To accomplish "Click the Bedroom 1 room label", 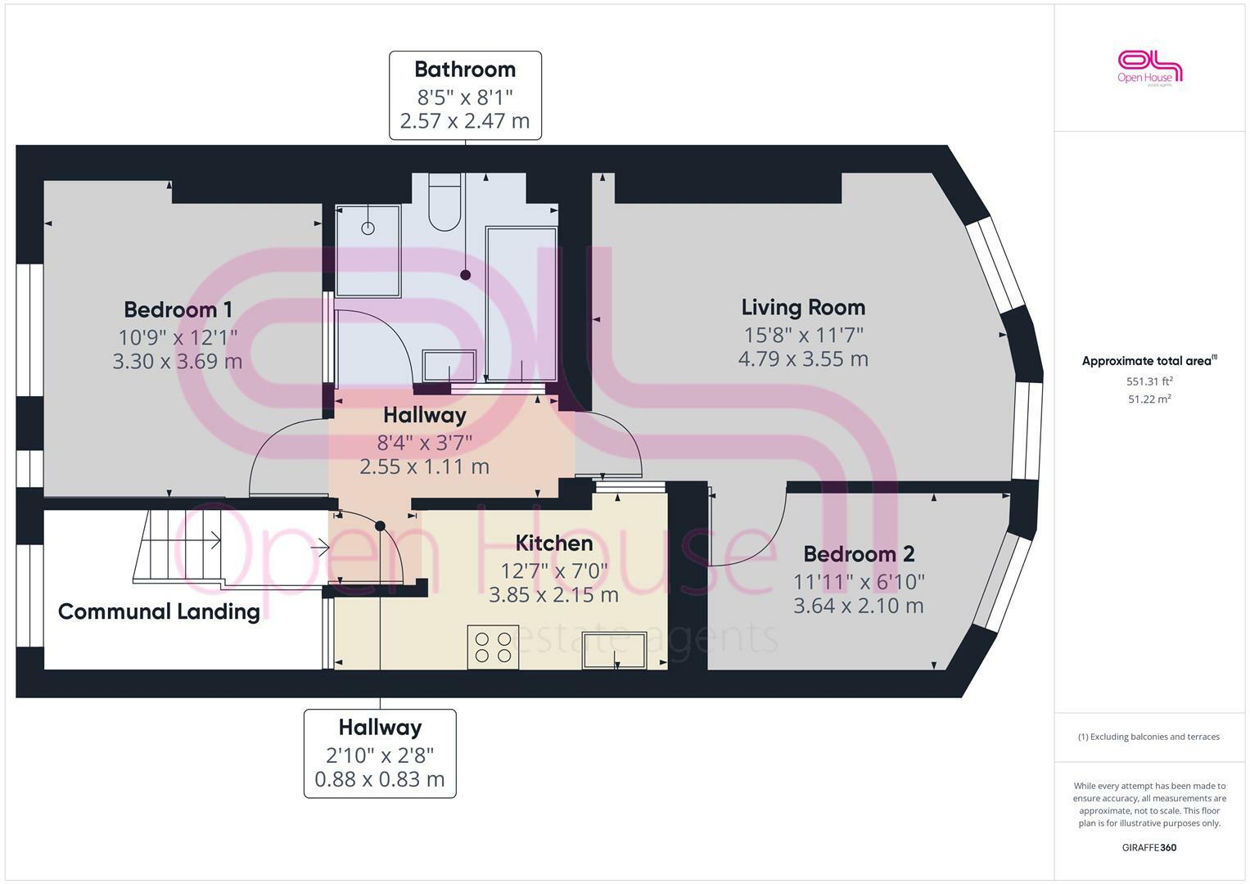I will pyautogui.click(x=178, y=309).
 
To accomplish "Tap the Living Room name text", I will pyautogui.click(x=803, y=307).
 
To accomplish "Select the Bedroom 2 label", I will pyautogui.click(x=859, y=554).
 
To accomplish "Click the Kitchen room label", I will pyautogui.click(x=553, y=543).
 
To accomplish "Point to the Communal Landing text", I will pyautogui.click(x=159, y=611).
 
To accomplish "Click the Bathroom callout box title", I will pyautogui.click(x=464, y=70).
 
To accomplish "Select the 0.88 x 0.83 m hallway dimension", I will pyautogui.click(x=379, y=779).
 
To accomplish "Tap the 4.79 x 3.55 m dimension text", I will pyautogui.click(x=803, y=359).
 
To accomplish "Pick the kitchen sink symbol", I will pyautogui.click(x=614, y=651).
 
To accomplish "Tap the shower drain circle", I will pyautogui.click(x=368, y=228).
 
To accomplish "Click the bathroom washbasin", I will pyautogui.click(x=449, y=366).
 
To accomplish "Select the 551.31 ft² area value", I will pyautogui.click(x=1149, y=381).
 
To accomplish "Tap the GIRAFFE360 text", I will pyautogui.click(x=1148, y=848).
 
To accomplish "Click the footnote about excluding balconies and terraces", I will pyautogui.click(x=1148, y=737).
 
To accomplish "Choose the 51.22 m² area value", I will pyautogui.click(x=1149, y=399).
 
